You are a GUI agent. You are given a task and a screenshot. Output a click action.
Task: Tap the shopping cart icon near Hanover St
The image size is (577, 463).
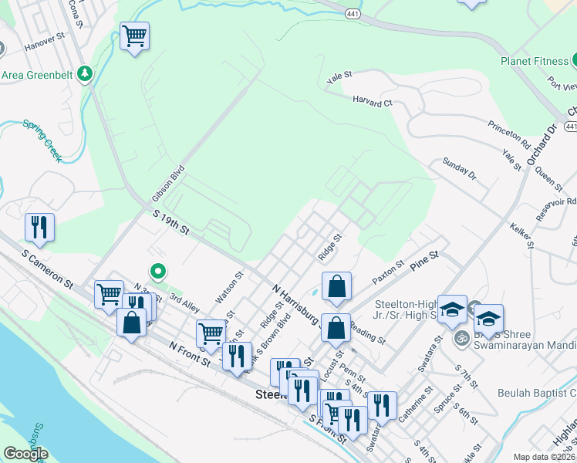(x=134, y=35)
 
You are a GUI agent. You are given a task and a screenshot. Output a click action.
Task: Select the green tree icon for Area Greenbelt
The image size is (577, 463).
(x=86, y=75)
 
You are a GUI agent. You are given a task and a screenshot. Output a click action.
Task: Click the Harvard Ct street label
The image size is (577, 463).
(x=373, y=101)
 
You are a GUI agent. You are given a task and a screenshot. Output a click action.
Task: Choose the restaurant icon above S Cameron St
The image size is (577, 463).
(x=39, y=227)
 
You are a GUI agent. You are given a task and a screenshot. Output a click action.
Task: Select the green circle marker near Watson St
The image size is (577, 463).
(x=158, y=271)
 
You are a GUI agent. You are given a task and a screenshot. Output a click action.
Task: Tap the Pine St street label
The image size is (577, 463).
(x=424, y=259)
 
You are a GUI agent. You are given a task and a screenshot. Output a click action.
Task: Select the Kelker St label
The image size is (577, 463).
(x=522, y=235)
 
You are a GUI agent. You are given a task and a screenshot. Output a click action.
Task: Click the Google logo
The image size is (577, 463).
(x=25, y=455)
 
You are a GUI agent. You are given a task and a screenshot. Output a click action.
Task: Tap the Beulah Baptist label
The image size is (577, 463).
(x=537, y=393)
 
